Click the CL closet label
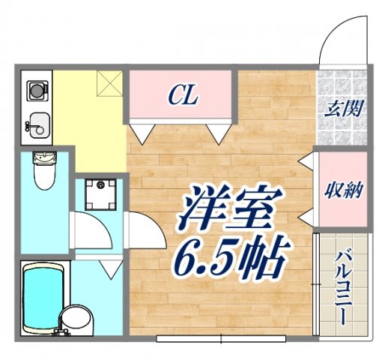click(181, 95)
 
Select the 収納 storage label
click(344, 189)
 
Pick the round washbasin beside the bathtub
click(75, 319)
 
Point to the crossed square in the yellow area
click(109, 85)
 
